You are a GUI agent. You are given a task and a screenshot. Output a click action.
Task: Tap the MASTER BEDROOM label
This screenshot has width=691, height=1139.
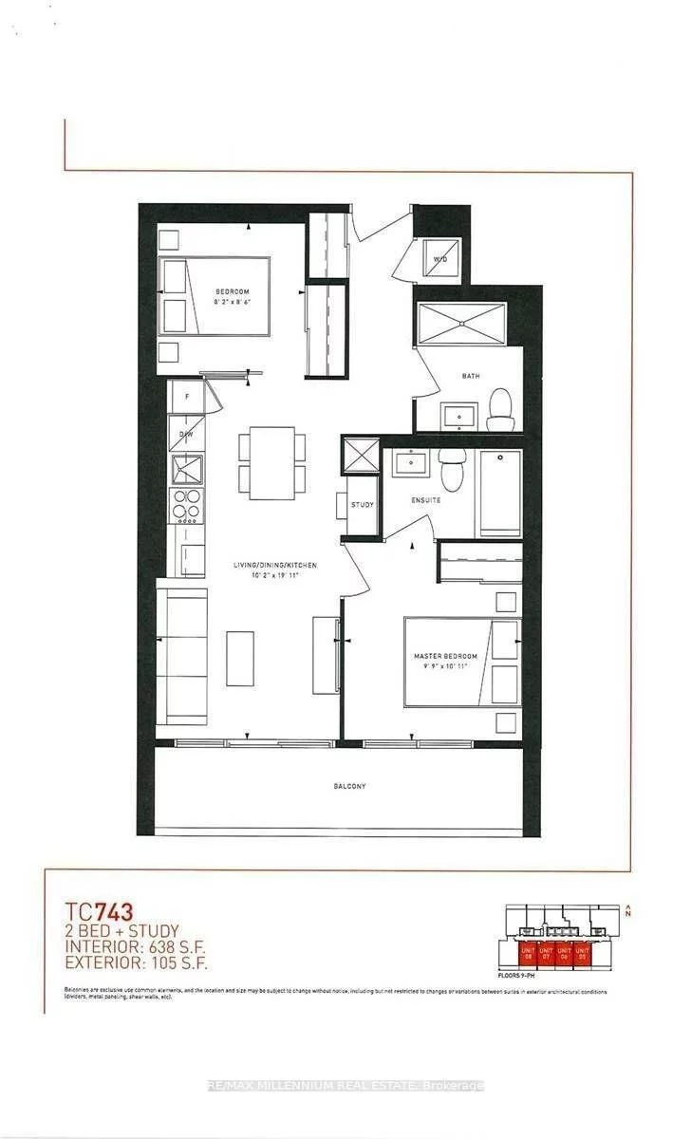[444, 656]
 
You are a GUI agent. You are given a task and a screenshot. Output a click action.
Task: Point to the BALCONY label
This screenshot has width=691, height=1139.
[349, 787]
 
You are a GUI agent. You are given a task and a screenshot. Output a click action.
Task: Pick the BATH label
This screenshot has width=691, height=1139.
[471, 376]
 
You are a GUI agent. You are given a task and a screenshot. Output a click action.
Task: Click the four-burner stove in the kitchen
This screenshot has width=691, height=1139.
[186, 505]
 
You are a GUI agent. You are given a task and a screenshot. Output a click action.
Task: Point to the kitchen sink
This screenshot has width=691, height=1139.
[187, 468]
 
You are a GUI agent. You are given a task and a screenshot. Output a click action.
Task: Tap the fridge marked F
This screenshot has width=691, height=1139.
[187, 396]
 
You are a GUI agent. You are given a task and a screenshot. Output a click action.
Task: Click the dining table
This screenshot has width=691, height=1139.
[272, 462]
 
